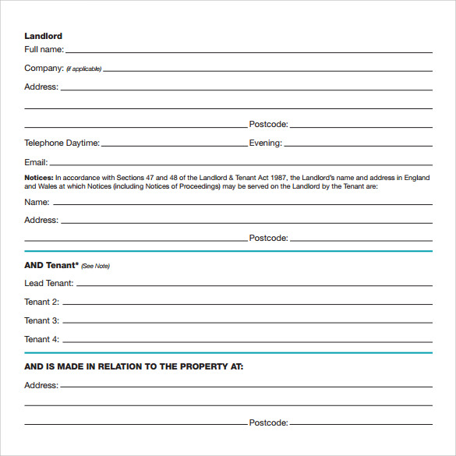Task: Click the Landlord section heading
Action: (x=43, y=36)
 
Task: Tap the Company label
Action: (x=43, y=69)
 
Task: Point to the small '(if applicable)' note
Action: (x=84, y=69)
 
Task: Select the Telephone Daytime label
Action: (x=62, y=143)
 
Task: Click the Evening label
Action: (x=265, y=143)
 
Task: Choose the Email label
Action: (x=36, y=163)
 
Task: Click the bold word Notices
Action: (x=39, y=178)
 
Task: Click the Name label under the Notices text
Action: (x=37, y=202)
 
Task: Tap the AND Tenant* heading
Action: (x=51, y=266)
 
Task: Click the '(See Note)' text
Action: (x=96, y=267)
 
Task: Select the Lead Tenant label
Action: (x=49, y=284)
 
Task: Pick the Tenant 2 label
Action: (x=41, y=302)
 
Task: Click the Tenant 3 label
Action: (x=41, y=321)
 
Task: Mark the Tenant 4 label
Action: (x=41, y=340)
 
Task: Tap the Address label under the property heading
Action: (x=41, y=385)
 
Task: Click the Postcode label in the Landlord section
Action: (x=269, y=125)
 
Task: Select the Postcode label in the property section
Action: (x=269, y=423)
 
